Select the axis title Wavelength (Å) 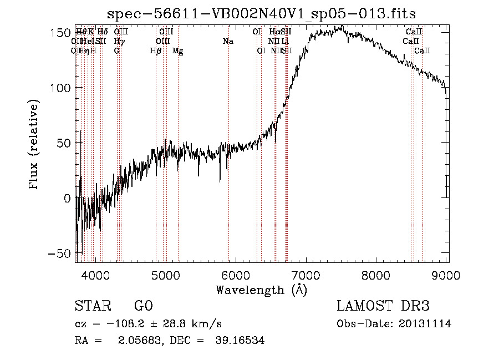pyautogui.click(x=261, y=290)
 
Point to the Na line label pyautogui.click(x=228, y=41)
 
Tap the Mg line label pyautogui.click(x=177, y=51)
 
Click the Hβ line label pyautogui.click(x=156, y=51)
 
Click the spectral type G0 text pyautogui.click(x=143, y=307)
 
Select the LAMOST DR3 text pyautogui.click(x=383, y=307)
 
